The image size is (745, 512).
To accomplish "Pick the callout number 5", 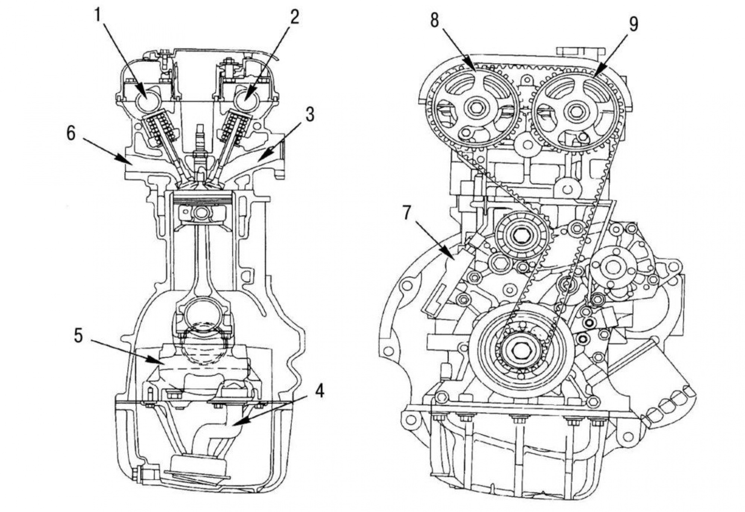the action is (x=78, y=335).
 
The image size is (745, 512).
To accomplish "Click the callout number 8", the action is (x=435, y=21).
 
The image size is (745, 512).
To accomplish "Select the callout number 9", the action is (x=633, y=24).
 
